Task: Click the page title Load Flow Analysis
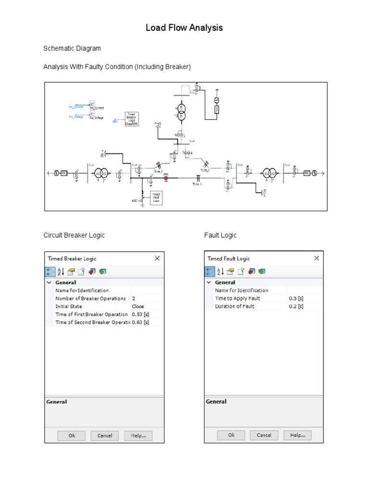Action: click(x=184, y=28)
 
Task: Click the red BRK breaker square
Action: click(x=166, y=178)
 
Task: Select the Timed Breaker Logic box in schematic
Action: click(x=132, y=119)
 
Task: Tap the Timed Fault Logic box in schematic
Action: click(x=156, y=197)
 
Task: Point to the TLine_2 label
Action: click(x=158, y=171)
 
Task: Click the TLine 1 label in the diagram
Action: click(x=197, y=184)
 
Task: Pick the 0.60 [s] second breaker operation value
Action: click(x=140, y=322)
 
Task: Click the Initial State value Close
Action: click(x=138, y=306)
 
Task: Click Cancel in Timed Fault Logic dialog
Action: click(x=264, y=435)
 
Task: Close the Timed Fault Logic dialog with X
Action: click(x=316, y=258)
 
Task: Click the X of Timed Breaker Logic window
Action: click(x=157, y=258)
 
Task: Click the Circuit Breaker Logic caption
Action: click(x=74, y=235)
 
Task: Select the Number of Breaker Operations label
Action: click(x=90, y=298)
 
